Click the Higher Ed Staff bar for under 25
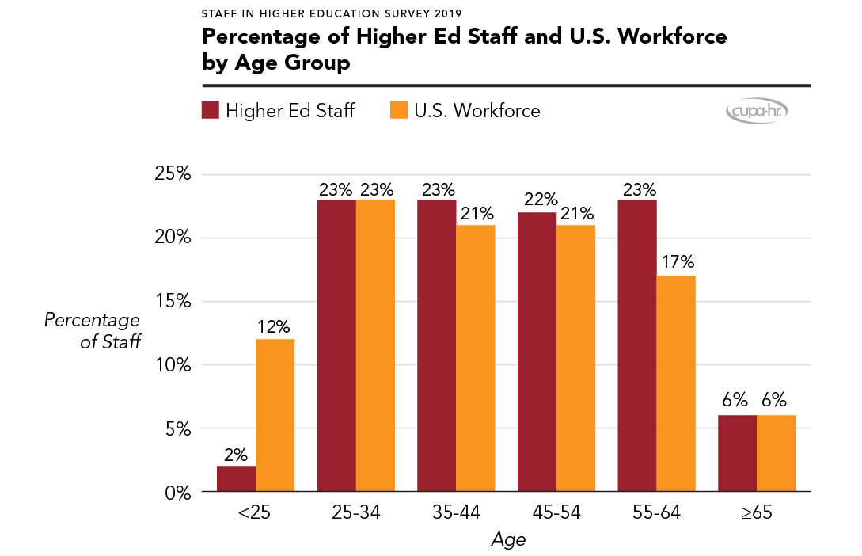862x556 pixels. pos(236,479)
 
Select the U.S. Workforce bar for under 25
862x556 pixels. pos(275,416)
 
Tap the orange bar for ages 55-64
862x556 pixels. pos(676,384)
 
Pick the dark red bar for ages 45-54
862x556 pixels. pos(537,352)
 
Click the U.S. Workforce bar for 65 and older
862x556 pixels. pos(777,454)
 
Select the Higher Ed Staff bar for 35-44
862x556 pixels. pos(437,346)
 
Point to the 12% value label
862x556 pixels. pos(275,326)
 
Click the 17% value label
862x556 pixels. pos(676,263)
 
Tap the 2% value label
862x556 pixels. pos(236,455)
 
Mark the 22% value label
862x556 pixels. pos(537,200)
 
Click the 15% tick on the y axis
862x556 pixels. pos(172,302)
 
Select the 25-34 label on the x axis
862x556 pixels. pos(356,512)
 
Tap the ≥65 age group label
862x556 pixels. pos(757,512)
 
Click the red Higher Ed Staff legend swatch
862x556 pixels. pos(210,110)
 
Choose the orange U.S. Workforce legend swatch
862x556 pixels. pos(399,110)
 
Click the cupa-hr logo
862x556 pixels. pos(757,112)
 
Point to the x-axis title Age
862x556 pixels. pos(507,540)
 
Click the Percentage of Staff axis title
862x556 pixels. pos(92,331)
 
